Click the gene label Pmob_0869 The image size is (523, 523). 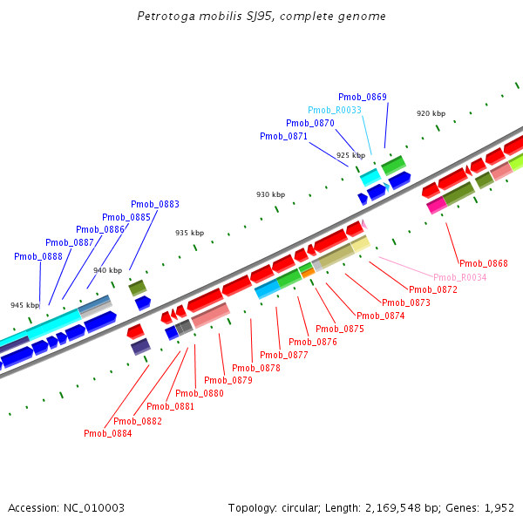click(363, 97)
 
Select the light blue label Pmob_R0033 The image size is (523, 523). click(334, 110)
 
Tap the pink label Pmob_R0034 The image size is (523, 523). click(460, 277)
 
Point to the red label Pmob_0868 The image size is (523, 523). click(483, 263)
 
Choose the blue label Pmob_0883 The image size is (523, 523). click(155, 204)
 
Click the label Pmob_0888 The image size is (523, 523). click(38, 256)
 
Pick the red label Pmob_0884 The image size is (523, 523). click(108, 433)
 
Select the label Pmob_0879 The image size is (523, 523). click(228, 380)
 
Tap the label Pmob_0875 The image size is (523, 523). click(339, 329)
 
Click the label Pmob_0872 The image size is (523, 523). click(432, 289)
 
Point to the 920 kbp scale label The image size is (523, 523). click(431, 114)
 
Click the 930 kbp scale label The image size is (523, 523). click(270, 194)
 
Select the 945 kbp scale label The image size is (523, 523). click(24, 306)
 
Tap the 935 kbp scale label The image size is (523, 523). click(189, 233)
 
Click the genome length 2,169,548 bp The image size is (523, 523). click(391, 507)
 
